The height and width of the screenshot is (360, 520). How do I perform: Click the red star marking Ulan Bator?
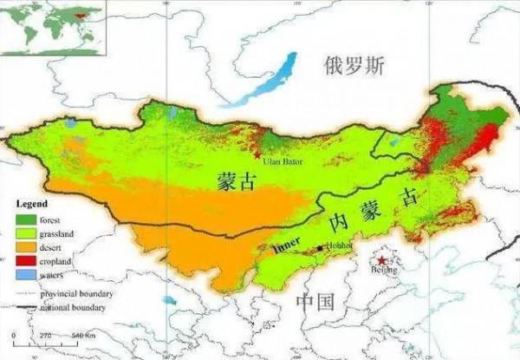tap(257, 154)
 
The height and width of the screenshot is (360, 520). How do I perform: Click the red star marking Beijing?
tap(382, 259)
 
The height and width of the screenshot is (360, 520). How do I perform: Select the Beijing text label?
tap(384, 271)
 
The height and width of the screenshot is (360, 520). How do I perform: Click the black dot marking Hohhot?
tap(319, 248)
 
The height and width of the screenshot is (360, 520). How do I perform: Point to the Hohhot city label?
tap(340, 245)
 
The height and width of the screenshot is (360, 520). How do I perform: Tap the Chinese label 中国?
tap(315, 302)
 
